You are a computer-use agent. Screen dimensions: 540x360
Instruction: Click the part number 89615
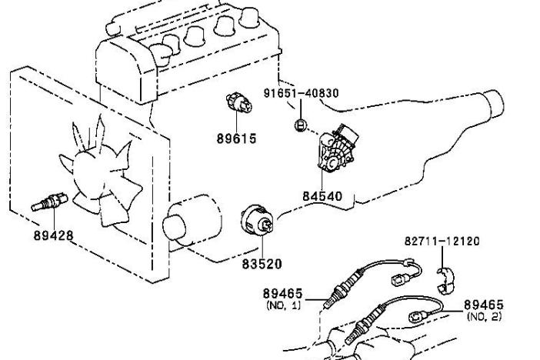tap(237, 138)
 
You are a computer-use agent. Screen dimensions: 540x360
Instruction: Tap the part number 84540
tap(322, 196)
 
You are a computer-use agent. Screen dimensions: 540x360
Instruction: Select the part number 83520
tap(262, 264)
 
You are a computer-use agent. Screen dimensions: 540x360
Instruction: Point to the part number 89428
tap(54, 235)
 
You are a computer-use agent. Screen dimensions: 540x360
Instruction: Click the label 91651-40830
tap(302, 93)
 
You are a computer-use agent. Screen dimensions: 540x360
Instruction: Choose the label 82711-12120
tap(442, 241)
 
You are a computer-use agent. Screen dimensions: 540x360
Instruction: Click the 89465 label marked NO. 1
tap(283, 294)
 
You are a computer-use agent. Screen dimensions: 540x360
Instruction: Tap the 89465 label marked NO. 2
tap(484, 305)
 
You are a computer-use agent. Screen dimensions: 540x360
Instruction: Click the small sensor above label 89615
tap(239, 102)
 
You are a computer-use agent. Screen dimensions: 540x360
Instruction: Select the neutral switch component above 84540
tap(336, 149)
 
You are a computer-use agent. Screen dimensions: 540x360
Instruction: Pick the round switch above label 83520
tap(258, 222)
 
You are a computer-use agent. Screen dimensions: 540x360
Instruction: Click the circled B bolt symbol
tap(301, 125)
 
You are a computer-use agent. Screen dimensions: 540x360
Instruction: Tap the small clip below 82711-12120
tap(446, 281)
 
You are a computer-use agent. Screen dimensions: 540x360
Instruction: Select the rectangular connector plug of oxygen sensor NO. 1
tap(399, 278)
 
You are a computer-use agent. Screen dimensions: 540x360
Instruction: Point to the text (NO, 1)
tap(283, 305)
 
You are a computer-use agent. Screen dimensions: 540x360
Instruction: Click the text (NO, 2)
tap(484, 316)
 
